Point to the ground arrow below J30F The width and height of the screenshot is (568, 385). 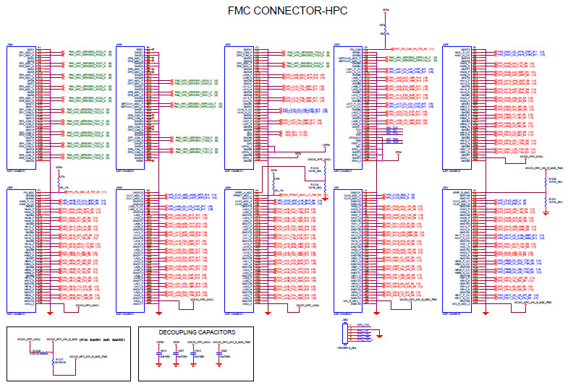[x=49, y=314]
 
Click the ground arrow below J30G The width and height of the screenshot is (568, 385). [x=158, y=314]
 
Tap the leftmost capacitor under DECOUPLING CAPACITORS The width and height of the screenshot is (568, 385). [x=159, y=354]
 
